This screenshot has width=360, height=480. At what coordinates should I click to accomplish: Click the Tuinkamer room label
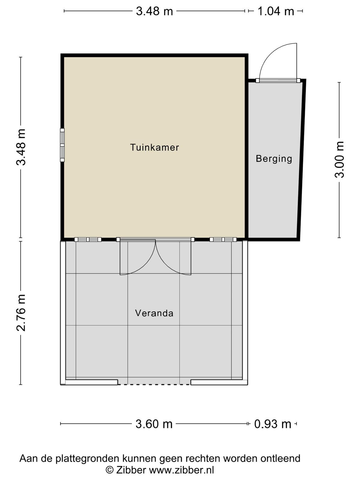(x=154, y=147)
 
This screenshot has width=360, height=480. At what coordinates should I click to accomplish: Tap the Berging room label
(x=274, y=158)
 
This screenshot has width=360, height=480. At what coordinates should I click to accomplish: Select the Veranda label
(x=154, y=313)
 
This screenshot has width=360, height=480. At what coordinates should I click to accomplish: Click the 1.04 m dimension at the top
(x=276, y=11)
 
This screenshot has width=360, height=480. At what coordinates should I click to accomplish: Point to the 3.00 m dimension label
(x=340, y=159)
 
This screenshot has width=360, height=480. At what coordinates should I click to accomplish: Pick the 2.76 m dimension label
(x=21, y=313)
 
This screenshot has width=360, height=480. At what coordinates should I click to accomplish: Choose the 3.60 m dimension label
(x=154, y=424)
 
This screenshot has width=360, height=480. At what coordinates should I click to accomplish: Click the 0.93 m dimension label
(x=273, y=424)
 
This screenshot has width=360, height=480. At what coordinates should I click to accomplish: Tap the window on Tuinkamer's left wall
(x=62, y=145)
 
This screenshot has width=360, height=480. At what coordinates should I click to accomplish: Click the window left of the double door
(x=88, y=239)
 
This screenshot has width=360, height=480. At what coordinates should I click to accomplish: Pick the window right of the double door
(x=223, y=239)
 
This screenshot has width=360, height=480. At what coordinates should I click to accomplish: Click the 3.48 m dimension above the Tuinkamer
(x=154, y=11)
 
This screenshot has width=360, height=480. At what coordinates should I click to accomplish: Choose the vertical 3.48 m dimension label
(x=21, y=147)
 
